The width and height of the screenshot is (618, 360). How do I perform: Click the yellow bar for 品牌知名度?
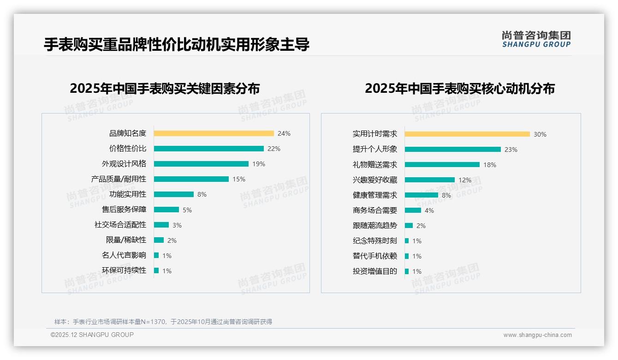point(214,133)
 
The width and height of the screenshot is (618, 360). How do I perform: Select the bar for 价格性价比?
point(208,149)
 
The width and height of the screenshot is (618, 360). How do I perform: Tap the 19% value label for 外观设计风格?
point(259,164)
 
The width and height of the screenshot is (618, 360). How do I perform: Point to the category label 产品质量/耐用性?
point(119,179)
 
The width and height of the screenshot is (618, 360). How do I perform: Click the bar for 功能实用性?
point(173,194)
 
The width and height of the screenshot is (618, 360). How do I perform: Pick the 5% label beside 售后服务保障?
point(187,210)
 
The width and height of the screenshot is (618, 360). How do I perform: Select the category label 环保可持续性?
point(124,270)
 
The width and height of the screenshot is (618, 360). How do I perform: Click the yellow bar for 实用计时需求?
point(467,134)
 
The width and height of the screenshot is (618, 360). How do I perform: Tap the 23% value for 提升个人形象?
point(511,150)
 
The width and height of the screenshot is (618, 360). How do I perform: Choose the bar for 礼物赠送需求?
point(442,164)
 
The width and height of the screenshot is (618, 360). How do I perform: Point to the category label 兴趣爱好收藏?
point(374,180)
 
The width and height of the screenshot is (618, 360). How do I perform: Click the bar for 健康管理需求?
point(421,195)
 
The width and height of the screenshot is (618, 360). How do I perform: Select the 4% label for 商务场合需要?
point(429,210)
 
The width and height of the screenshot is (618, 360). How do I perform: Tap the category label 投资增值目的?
point(374,271)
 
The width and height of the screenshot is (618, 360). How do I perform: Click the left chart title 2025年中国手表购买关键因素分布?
point(165,88)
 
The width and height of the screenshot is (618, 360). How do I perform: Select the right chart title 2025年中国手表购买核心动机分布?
point(459,88)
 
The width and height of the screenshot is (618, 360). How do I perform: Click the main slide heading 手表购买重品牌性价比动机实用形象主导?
point(176,45)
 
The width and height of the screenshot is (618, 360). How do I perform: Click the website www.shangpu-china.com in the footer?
point(537,335)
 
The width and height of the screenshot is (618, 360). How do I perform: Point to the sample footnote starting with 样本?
point(163,322)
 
